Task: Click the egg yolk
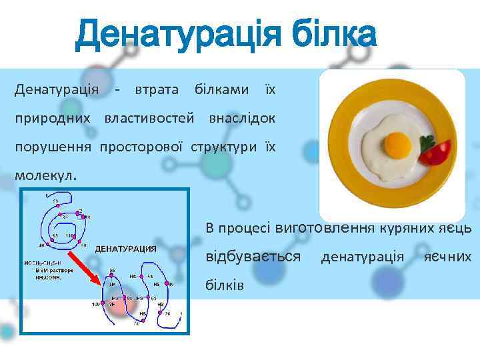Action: pyautogui.click(x=398, y=143)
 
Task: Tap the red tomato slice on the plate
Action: pyautogui.click(x=437, y=154)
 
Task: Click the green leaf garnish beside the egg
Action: pyautogui.click(x=424, y=142)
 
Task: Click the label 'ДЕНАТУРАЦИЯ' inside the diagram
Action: pyautogui.click(x=126, y=249)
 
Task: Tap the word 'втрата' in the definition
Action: pyautogui.click(x=157, y=89)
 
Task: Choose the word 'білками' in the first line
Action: pyautogui.click(x=222, y=89)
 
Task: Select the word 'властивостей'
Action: pyautogui.click(x=149, y=118)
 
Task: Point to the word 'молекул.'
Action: pyautogui.click(x=46, y=177)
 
